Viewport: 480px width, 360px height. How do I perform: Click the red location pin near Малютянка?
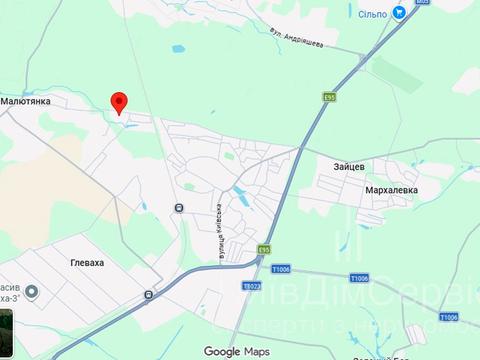pyautogui.click(x=119, y=102)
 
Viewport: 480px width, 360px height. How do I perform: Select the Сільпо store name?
pyautogui.click(x=371, y=13)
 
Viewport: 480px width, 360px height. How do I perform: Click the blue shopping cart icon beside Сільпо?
pyautogui.click(x=399, y=13)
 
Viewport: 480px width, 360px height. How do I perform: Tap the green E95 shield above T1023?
pyautogui.click(x=263, y=249)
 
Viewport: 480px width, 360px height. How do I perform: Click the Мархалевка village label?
pyautogui.click(x=389, y=189)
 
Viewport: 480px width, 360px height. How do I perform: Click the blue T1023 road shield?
pyautogui.click(x=251, y=286)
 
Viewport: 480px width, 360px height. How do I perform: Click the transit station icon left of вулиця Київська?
pyautogui.click(x=178, y=208)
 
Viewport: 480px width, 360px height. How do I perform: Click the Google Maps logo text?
pyautogui.click(x=237, y=351)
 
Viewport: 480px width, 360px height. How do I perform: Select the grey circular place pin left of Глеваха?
pyautogui.click(x=31, y=292)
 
